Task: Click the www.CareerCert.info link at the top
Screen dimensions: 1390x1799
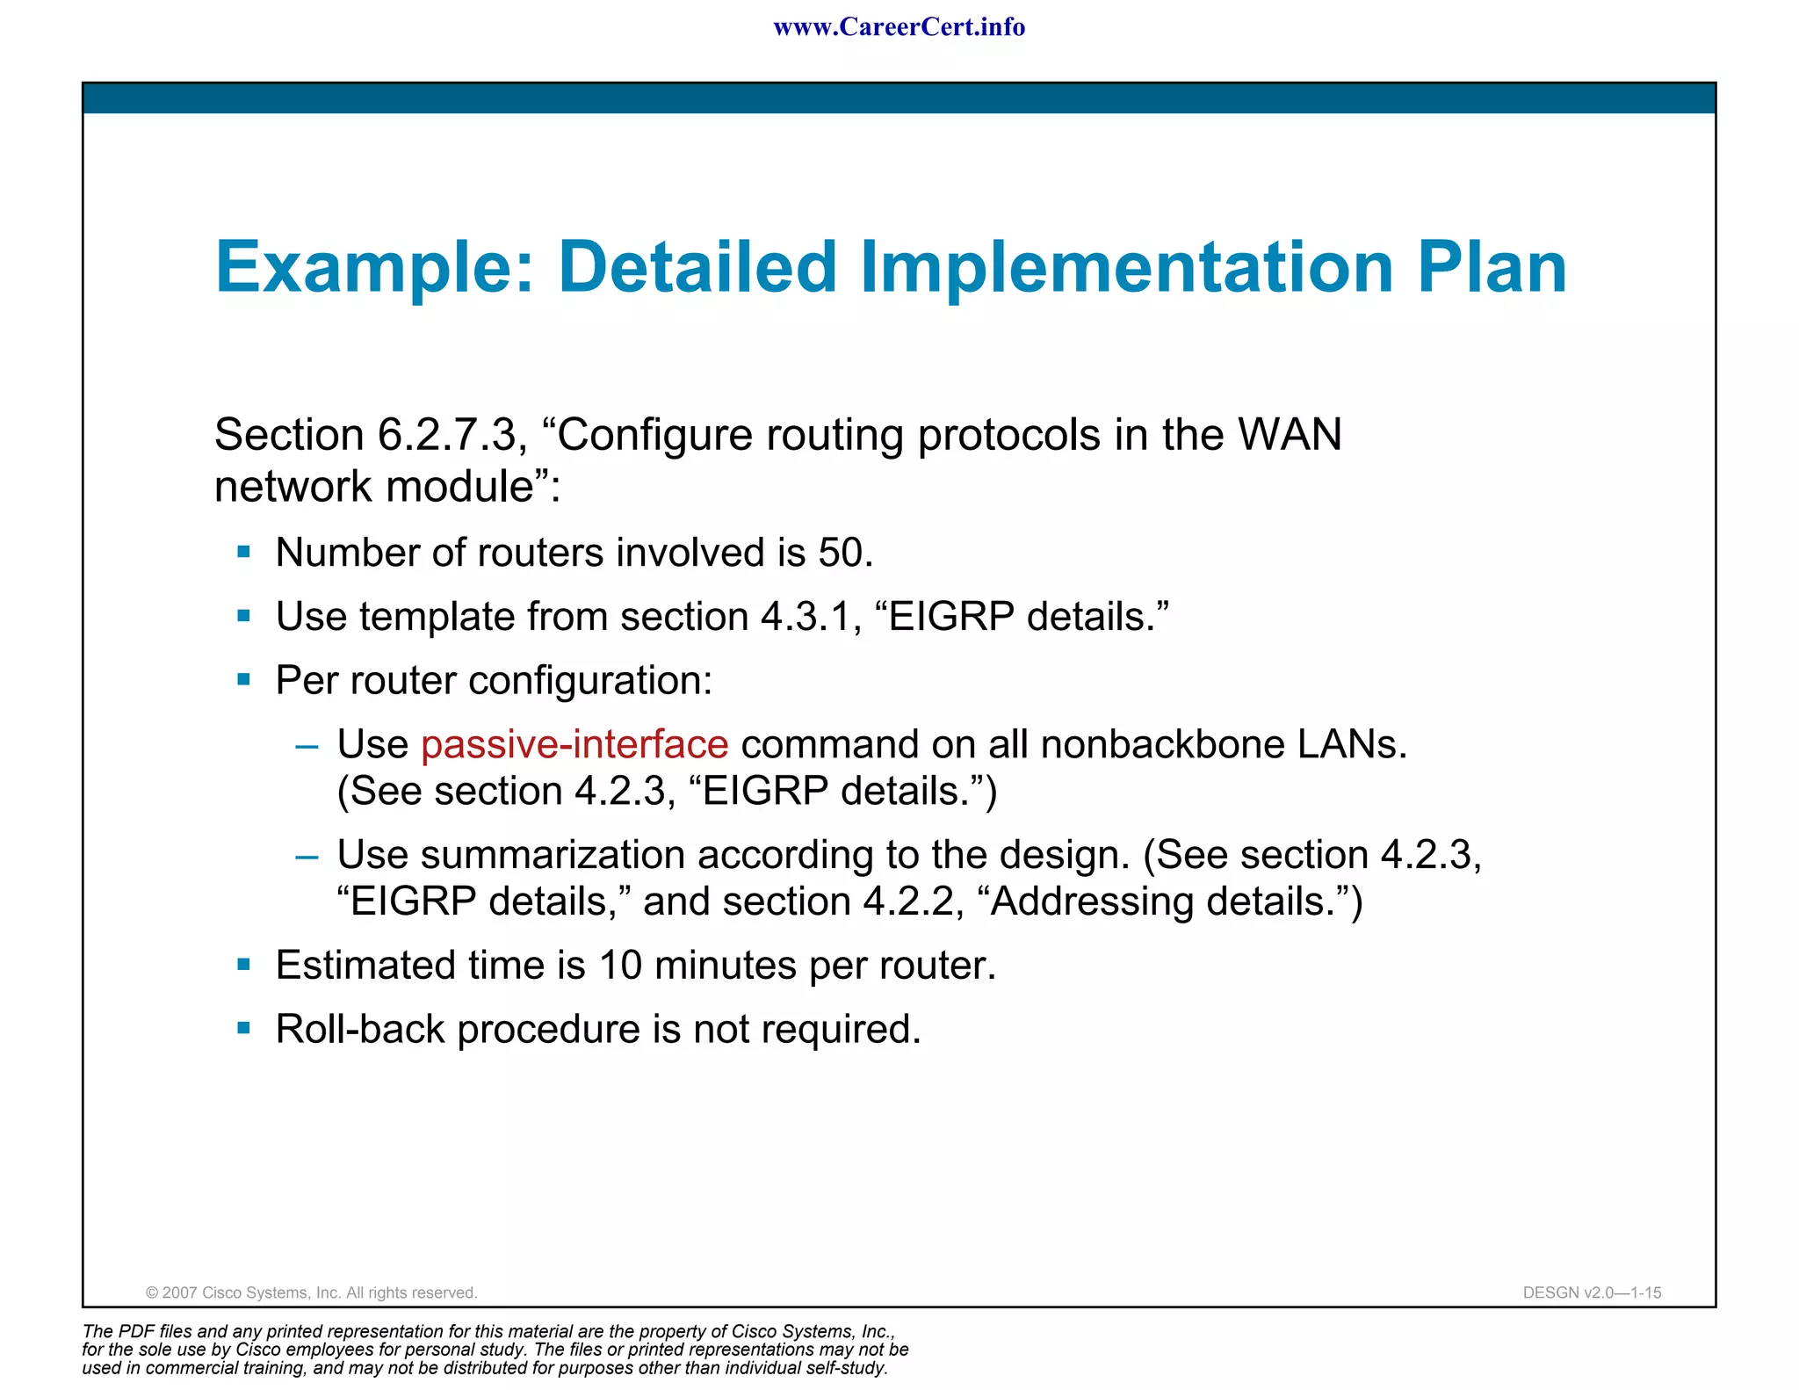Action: click(x=899, y=27)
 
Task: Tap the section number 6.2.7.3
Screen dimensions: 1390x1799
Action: click(x=446, y=435)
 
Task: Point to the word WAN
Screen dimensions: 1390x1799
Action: click(x=1290, y=435)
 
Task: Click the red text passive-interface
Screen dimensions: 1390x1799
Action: click(x=574, y=745)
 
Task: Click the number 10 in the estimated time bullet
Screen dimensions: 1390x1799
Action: click(x=620, y=966)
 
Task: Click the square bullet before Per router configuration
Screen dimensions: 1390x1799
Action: click(x=244, y=680)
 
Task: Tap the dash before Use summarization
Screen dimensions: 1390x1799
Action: click(x=307, y=856)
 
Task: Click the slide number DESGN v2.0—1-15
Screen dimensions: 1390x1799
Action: click(x=1592, y=1292)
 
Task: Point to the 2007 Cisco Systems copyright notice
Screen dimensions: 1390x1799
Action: click(x=311, y=1292)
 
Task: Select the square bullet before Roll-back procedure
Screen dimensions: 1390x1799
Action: click(x=244, y=1028)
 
